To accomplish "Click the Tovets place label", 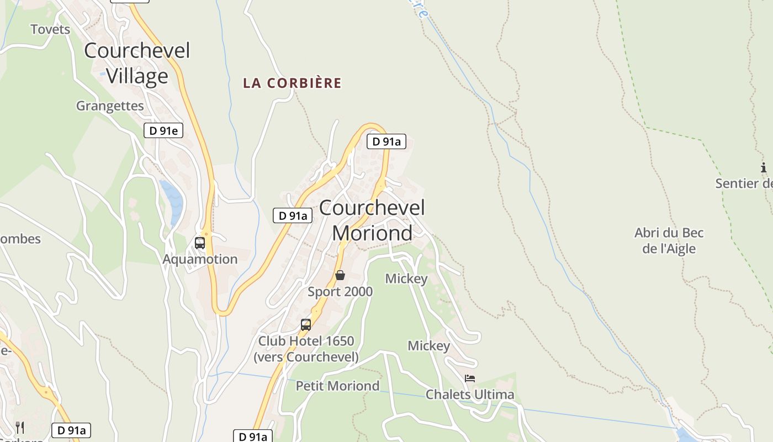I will click(50, 29).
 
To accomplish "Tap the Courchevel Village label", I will click(137, 63).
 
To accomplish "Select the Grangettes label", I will click(110, 106).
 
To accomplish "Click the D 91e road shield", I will click(163, 130).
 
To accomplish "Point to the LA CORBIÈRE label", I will click(292, 83).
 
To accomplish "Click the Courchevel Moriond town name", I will click(372, 220).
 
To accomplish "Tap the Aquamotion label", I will click(200, 259).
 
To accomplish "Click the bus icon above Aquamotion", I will click(200, 243).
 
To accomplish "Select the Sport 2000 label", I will click(340, 291).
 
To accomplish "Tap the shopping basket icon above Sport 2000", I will click(340, 275).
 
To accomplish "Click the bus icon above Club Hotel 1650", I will click(306, 325).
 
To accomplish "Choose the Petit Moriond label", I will click(337, 386).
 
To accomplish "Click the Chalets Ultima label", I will click(470, 394).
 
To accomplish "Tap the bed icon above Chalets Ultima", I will click(470, 378).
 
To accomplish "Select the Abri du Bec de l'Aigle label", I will click(669, 240).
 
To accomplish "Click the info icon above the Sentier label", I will click(764, 167).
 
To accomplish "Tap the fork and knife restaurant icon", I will click(20, 427).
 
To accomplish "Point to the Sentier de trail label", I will click(744, 183).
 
